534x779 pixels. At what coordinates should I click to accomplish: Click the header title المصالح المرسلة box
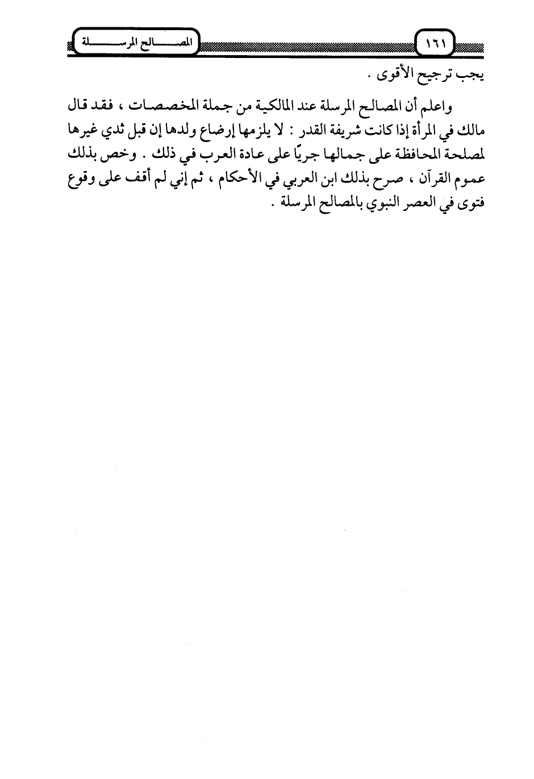[134, 42]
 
